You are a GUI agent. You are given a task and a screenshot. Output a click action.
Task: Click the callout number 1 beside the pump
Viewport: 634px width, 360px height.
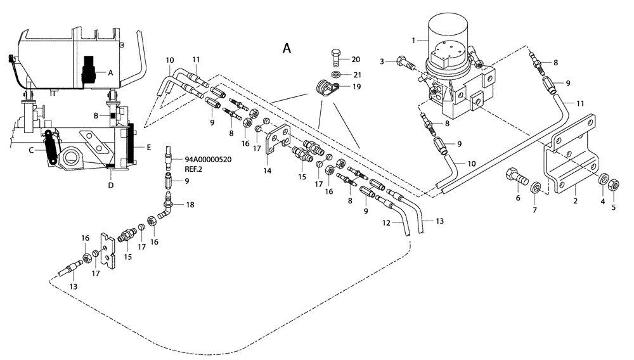413,40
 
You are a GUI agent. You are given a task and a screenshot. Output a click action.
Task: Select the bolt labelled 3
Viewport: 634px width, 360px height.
404,63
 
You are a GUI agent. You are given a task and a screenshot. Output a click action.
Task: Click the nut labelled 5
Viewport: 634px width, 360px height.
613,184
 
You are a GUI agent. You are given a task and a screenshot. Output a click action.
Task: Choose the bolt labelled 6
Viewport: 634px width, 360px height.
515,178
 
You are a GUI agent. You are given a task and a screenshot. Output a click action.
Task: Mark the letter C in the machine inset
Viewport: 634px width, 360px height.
30,150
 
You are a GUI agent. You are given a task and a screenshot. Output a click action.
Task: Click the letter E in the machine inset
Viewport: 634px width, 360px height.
148,147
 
